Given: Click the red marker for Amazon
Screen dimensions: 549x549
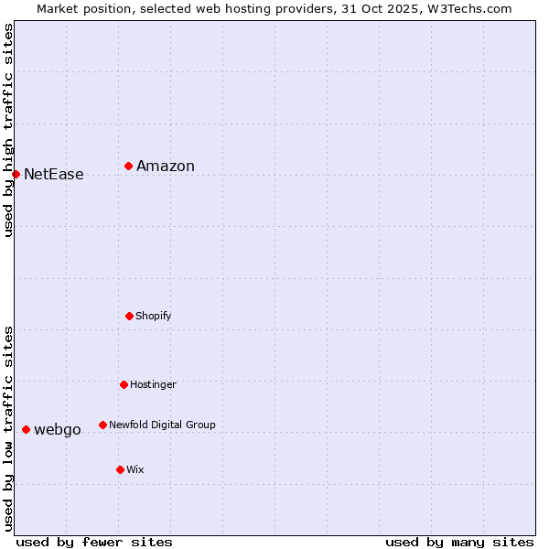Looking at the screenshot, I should pyautogui.click(x=129, y=166).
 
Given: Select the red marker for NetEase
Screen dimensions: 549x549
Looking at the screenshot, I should pyautogui.click(x=16, y=174).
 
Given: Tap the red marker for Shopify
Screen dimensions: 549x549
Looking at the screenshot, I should pyautogui.click(x=129, y=316).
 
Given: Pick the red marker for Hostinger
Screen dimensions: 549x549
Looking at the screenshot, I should pyautogui.click(x=124, y=384).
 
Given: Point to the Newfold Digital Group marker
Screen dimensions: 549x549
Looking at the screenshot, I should pyautogui.click(x=102, y=425).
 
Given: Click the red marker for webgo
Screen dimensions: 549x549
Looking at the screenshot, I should pyautogui.click(x=26, y=429).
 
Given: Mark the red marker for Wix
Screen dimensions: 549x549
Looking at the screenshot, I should pyautogui.click(x=120, y=469).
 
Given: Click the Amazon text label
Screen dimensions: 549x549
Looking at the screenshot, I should pyautogui.click(x=166, y=166).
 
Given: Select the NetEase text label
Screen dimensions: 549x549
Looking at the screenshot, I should pyautogui.click(x=54, y=174).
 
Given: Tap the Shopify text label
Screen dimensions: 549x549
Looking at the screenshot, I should pyautogui.click(x=154, y=316).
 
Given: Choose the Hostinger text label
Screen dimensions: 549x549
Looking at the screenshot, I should pyautogui.click(x=153, y=384).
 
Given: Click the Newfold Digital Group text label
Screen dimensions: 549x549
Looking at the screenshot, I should pyautogui.click(x=163, y=425).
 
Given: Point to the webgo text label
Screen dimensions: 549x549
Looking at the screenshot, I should pyautogui.click(x=58, y=429).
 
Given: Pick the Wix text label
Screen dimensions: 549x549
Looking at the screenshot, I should pyautogui.click(x=135, y=469).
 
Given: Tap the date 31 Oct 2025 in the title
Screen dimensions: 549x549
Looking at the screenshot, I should pyautogui.click(x=384, y=8).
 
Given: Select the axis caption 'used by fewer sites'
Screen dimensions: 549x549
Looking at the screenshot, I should pyautogui.click(x=94, y=542).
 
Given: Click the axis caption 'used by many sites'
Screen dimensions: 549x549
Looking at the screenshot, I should pyautogui.click(x=459, y=542).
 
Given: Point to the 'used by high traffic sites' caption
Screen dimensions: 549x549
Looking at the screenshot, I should pyautogui.click(x=8, y=130).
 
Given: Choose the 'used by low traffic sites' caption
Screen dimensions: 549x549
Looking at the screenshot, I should pyautogui.click(x=8, y=428).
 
